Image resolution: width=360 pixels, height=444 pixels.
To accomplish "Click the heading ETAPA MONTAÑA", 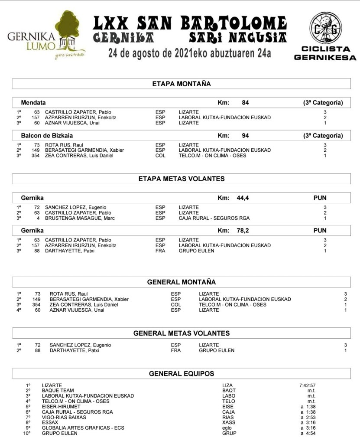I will tap(182, 84).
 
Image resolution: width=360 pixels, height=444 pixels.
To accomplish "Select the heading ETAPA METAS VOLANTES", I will tap(182, 179).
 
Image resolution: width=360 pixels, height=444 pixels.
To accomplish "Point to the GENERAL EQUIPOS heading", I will tap(182, 373).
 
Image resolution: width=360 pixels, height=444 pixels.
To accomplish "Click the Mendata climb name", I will tap(33, 103).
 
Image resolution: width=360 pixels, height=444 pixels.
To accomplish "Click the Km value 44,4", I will tap(243, 198).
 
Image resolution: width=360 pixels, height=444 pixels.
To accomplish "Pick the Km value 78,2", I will tap(243, 231).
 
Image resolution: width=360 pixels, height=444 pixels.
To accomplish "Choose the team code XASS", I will tap(229, 422).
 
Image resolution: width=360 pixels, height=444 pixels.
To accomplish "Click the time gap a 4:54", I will tap(308, 433).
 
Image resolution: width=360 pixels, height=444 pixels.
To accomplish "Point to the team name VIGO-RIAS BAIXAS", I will tap(64, 417).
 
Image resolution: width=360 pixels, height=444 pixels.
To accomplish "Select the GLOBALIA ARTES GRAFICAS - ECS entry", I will tap(83, 428).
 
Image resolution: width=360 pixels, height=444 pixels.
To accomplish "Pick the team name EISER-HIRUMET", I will tap(61, 406).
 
